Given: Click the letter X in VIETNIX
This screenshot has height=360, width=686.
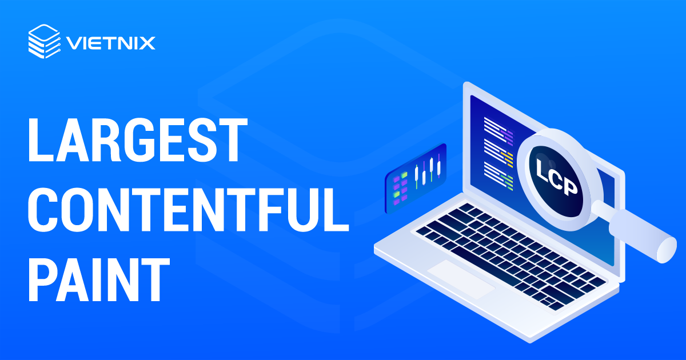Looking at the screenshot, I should pos(148,43).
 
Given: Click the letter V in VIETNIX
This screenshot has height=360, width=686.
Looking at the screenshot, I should pos(73,43).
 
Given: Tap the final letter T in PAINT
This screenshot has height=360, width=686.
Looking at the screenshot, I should pos(154,280).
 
